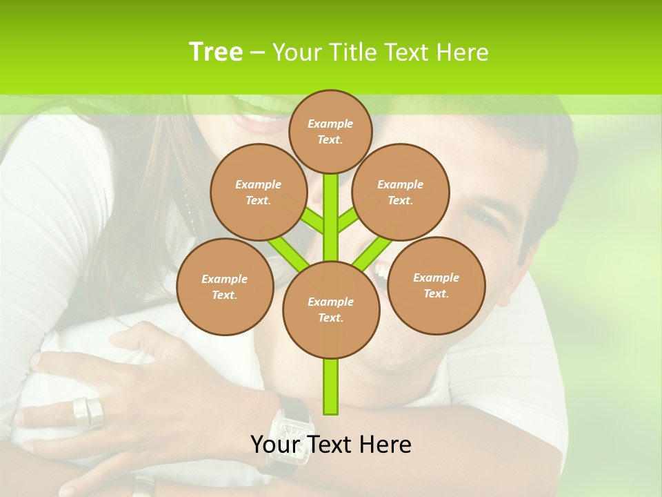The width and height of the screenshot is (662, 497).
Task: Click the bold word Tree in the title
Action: (216, 52)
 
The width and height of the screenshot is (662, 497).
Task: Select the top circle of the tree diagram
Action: (330, 131)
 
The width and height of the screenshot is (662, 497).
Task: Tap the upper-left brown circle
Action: (258, 192)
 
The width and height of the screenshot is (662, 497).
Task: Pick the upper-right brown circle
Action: (401, 192)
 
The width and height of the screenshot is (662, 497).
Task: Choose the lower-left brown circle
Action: (225, 286)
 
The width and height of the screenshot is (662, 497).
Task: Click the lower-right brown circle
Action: (436, 285)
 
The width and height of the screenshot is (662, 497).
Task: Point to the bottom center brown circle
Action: (331, 309)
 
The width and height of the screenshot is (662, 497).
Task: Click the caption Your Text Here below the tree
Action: (331, 445)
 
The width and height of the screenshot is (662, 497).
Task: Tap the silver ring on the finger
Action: (88, 411)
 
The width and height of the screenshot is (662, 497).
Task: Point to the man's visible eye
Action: (485, 218)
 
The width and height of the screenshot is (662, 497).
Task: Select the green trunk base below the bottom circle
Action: (331, 387)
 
